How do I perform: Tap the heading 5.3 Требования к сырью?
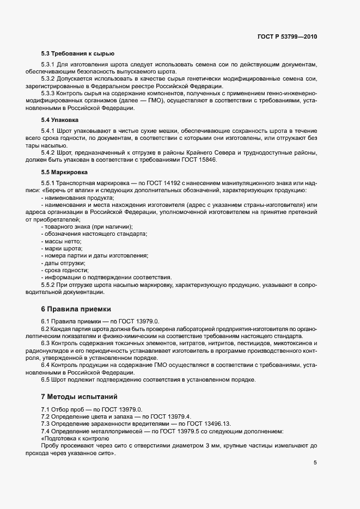click(70, 53)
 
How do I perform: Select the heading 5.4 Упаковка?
click(60, 119)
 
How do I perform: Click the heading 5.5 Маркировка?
click(64, 172)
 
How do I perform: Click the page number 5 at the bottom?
click(315, 463)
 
